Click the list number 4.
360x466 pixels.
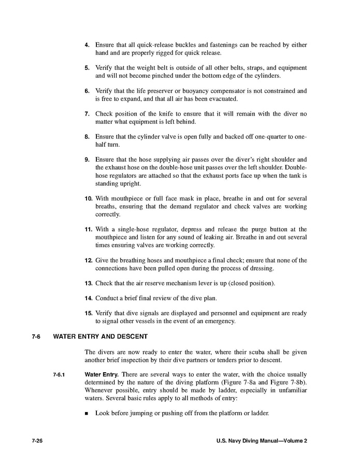pyautogui.click(x=87, y=45)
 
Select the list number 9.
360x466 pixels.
pyautogui.click(x=87, y=159)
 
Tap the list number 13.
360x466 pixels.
pyautogui.click(x=88, y=283)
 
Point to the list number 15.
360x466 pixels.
pyautogui.click(x=88, y=313)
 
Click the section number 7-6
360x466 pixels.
pyautogui.click(x=36, y=336)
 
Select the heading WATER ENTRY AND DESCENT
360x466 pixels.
pyautogui.click(x=96, y=336)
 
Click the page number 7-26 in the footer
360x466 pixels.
pyautogui.click(x=37, y=441)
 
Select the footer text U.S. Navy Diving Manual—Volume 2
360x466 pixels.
pyautogui.click(x=262, y=441)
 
